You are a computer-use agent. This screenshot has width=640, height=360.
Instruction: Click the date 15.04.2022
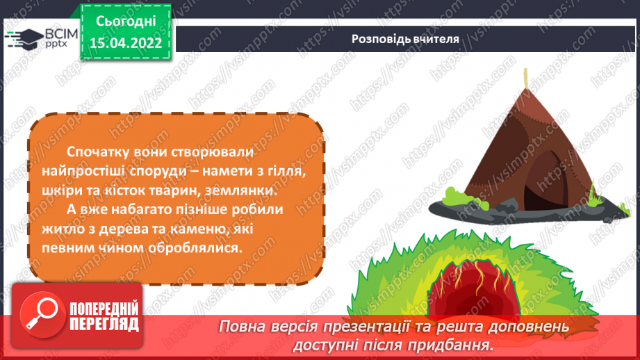(126, 42)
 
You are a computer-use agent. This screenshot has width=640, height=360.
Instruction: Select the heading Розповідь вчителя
(405, 38)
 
